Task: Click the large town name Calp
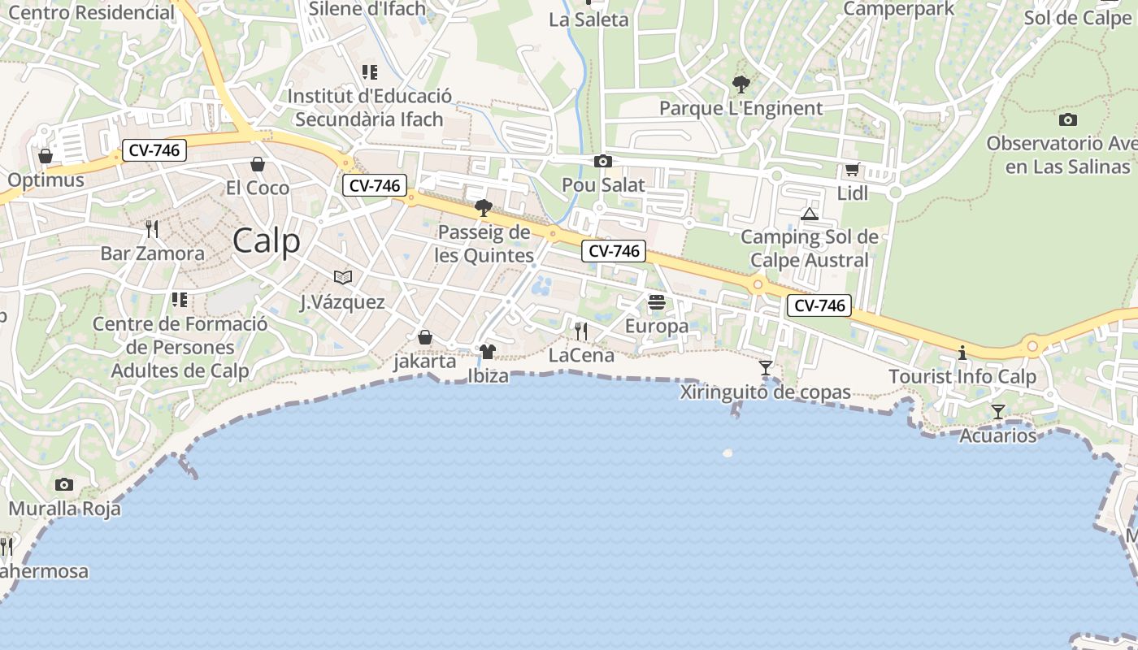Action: tap(266, 241)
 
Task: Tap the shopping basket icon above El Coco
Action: tap(258, 164)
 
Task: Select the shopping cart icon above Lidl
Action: tap(852, 170)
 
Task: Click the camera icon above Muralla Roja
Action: tap(64, 485)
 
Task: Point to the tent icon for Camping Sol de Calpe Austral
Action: tap(809, 214)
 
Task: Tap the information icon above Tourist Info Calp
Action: tap(962, 353)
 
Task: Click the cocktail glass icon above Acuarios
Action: tap(998, 412)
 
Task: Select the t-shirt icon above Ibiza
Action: tap(488, 352)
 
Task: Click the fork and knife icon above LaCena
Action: tap(581, 331)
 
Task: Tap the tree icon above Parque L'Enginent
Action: tap(741, 84)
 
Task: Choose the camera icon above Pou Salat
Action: tap(603, 161)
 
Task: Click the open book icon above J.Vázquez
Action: tap(343, 278)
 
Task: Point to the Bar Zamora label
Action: tap(153, 253)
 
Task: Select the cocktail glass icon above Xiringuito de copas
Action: tap(766, 368)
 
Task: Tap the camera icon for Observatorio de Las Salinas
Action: tap(1068, 120)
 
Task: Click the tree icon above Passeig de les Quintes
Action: tap(484, 208)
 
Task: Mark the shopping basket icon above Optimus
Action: tap(46, 155)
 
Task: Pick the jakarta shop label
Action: tap(424, 362)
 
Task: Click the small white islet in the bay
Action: tap(728, 453)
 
